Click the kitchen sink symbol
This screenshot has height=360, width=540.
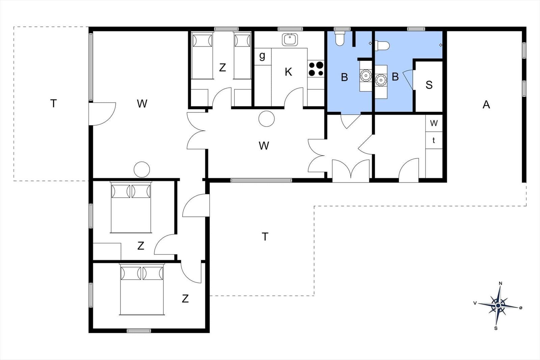(x=290, y=40)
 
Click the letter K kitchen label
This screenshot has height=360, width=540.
(x=288, y=72)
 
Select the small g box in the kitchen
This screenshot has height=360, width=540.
(x=262, y=56)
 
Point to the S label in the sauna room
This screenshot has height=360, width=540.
(x=429, y=85)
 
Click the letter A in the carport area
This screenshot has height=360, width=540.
(x=486, y=105)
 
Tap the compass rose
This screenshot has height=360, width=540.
(x=498, y=306)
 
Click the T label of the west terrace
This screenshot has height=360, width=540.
(x=53, y=103)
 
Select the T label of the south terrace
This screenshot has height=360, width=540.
(x=265, y=237)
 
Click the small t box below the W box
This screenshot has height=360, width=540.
(x=434, y=140)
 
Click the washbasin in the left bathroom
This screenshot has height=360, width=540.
(x=365, y=76)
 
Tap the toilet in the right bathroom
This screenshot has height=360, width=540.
(x=383, y=45)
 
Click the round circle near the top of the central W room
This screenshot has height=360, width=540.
(x=267, y=119)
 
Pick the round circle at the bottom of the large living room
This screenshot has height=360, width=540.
(x=142, y=169)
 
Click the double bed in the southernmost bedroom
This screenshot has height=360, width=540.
(x=142, y=290)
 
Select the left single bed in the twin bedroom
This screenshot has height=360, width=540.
(x=202, y=56)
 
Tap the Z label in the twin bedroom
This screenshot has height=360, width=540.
(x=222, y=67)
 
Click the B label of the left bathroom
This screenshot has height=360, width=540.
(x=344, y=77)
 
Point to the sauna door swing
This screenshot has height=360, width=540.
(x=408, y=79)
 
